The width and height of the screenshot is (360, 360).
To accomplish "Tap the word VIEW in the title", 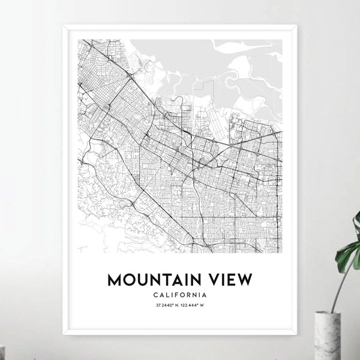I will point(230,280).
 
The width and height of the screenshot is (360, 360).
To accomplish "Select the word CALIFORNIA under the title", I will point(180,295).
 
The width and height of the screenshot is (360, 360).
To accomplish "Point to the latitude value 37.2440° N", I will point(166,307).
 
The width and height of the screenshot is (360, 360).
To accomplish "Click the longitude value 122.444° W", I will point(194,307).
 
